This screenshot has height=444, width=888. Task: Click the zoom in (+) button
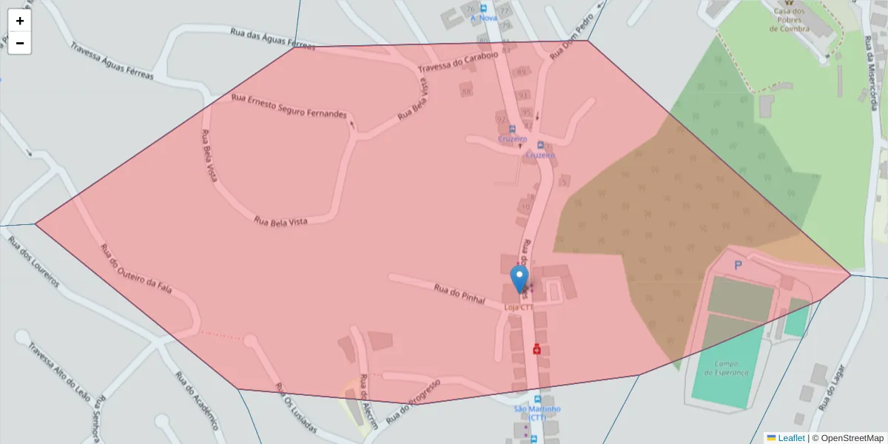pyautogui.click(x=20, y=21)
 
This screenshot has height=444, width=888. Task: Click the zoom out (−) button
pyautogui.click(x=20, y=43)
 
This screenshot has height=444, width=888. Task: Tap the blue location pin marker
pyautogui.click(x=520, y=280)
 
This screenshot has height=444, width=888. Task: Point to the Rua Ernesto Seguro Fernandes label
pyautogui.click(x=289, y=107)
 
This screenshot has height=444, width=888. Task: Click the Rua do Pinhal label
pyautogui.click(x=459, y=295)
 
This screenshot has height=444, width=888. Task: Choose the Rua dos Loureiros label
pyautogui.click(x=33, y=262)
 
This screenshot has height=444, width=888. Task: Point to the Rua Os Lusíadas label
pyautogui.click(x=295, y=408)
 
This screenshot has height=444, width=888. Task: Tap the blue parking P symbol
pyautogui.click(x=738, y=265)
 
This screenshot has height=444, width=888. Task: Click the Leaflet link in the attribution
pyautogui.click(x=791, y=438)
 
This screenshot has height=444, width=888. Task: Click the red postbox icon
pyautogui.click(x=537, y=349)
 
